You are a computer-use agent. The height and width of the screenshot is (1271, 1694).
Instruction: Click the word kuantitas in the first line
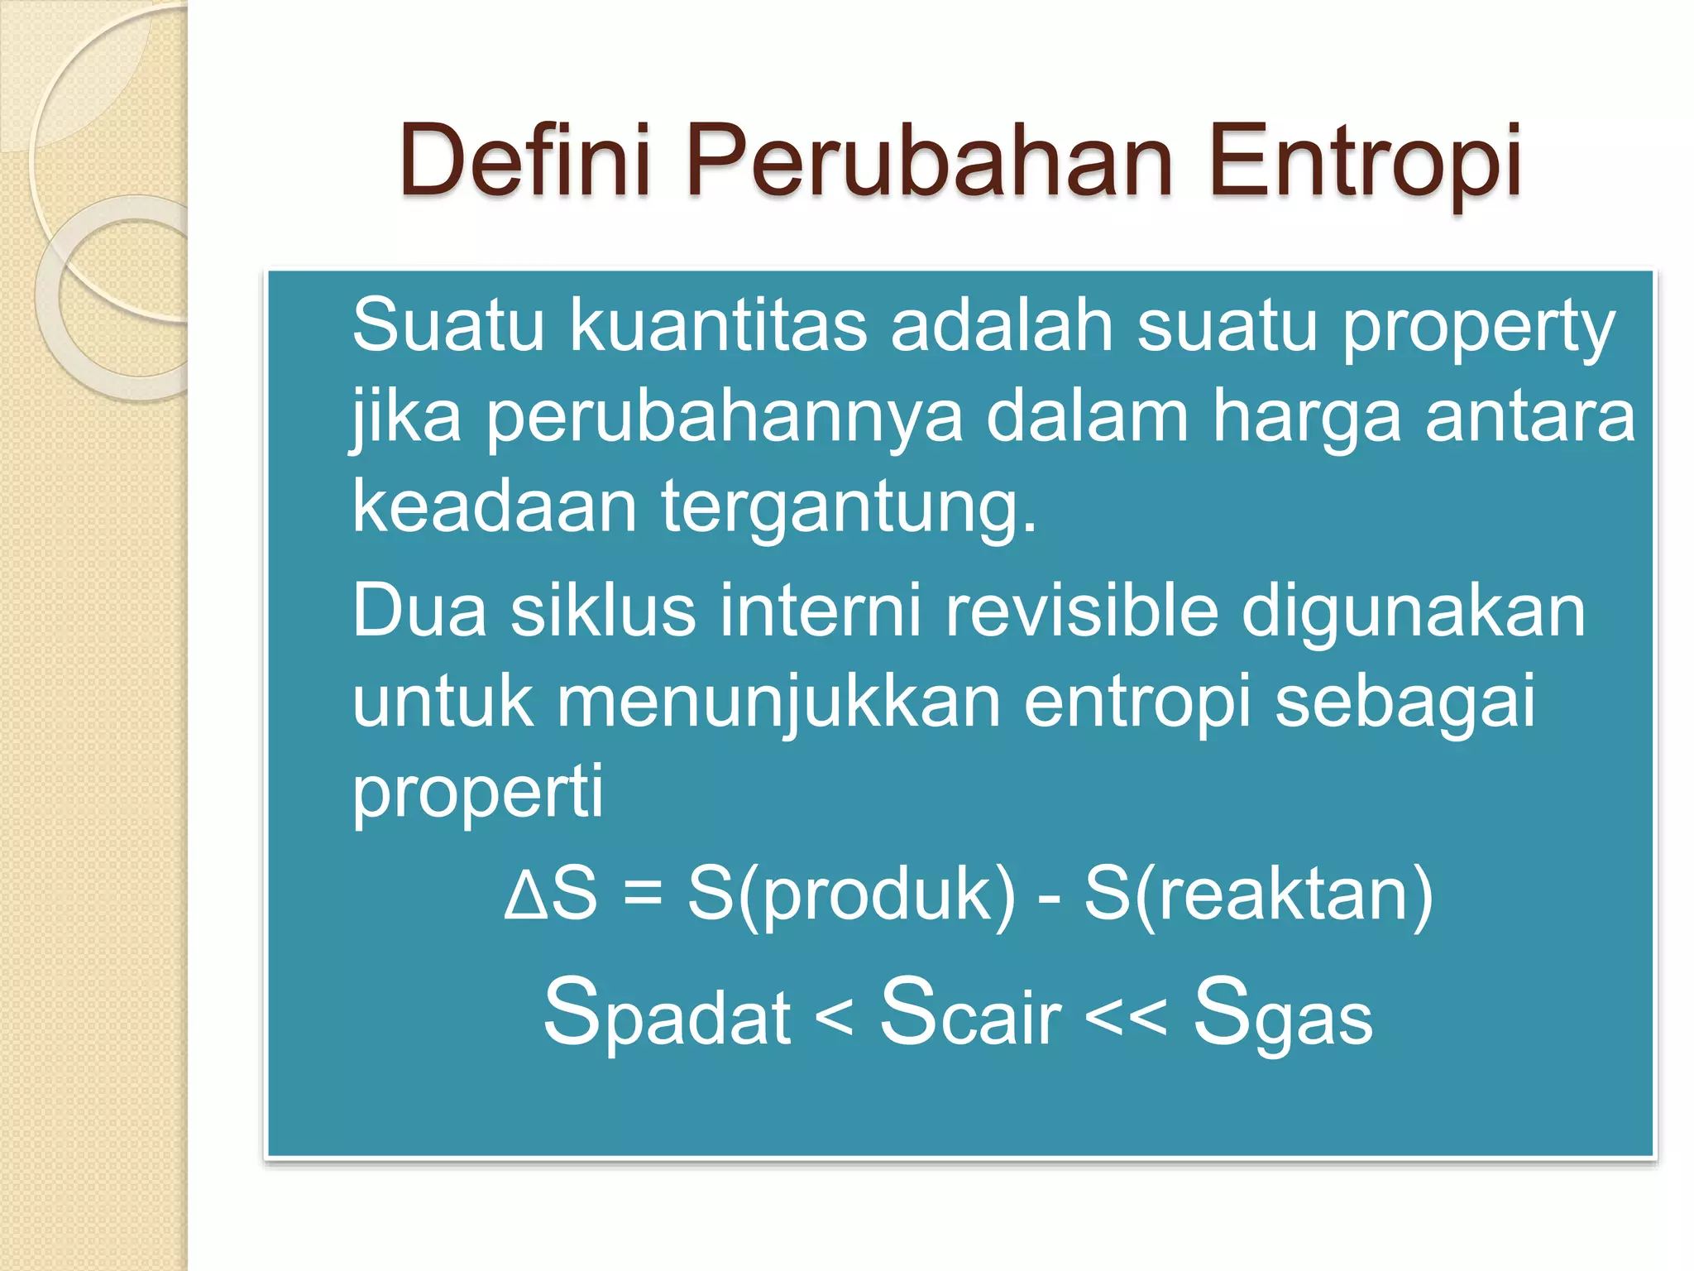click(718, 326)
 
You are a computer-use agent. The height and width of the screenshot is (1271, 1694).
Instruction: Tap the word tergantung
click(848, 507)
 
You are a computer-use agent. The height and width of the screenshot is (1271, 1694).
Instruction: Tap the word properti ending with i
click(478, 793)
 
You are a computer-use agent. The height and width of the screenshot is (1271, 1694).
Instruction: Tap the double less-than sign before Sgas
click(1126, 1018)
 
